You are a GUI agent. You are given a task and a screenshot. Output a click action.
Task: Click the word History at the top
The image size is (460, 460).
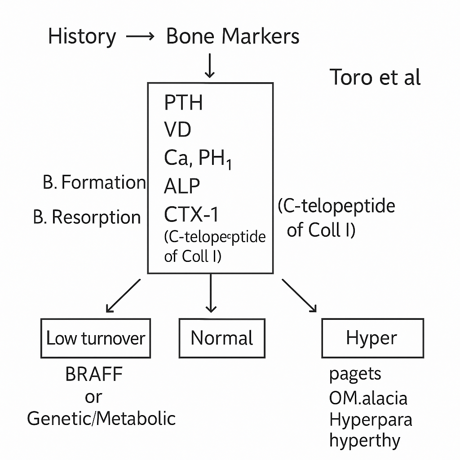click(x=82, y=36)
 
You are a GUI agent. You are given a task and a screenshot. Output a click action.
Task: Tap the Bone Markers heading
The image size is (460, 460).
click(x=232, y=36)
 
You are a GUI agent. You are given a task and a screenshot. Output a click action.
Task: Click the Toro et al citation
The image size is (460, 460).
click(x=375, y=77)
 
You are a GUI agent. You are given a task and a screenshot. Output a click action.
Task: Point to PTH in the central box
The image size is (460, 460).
click(x=183, y=103)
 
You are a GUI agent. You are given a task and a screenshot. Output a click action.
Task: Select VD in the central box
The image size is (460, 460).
click(x=178, y=130)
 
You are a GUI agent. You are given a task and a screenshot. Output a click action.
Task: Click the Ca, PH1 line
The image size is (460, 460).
click(x=198, y=159)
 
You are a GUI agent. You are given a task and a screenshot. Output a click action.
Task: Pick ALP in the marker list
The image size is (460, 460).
click(x=182, y=186)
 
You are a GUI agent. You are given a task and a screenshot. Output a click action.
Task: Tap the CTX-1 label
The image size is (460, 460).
click(x=191, y=214)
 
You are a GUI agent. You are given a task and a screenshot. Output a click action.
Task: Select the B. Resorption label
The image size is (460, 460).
click(x=87, y=217)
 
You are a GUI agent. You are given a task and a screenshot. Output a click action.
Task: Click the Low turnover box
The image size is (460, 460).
click(x=96, y=338)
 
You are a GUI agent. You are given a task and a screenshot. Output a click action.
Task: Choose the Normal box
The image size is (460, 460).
click(x=221, y=338)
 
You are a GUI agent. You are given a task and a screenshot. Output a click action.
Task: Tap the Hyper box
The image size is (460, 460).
click(x=372, y=338)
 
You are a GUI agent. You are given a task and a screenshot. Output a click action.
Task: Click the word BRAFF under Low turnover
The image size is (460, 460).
click(x=94, y=374)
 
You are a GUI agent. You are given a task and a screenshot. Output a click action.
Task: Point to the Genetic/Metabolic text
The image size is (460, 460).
click(x=101, y=418)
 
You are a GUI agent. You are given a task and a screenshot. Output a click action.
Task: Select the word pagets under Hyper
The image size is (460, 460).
click(x=355, y=374)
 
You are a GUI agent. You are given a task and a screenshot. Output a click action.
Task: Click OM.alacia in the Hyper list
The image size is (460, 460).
click(x=368, y=397)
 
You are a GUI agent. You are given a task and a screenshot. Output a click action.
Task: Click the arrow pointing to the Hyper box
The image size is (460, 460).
click(x=299, y=295)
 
